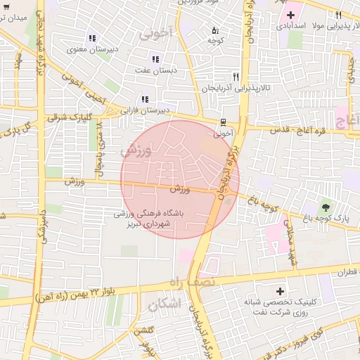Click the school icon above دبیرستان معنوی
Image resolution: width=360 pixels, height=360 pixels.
(x=91, y=38)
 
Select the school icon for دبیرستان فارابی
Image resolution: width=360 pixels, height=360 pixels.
(x=145, y=99)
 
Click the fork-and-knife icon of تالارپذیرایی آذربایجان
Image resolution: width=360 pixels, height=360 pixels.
(x=236, y=77)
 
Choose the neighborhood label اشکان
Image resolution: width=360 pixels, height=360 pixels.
(x=165, y=304)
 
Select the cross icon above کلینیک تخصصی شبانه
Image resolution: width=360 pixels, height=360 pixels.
(x=281, y=291)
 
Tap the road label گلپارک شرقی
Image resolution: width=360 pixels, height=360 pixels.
(x=64, y=118)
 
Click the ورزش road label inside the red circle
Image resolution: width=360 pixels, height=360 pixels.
(x=180, y=189)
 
